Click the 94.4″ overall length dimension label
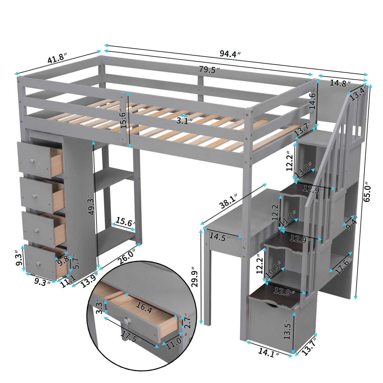click(230, 54)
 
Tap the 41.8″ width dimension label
click(57, 58)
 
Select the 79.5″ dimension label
click(209, 69)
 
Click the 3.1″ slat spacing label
click(185, 121)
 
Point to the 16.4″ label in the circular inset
click(146, 306)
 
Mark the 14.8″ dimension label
click(340, 84)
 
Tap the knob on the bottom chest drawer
click(38, 263)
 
